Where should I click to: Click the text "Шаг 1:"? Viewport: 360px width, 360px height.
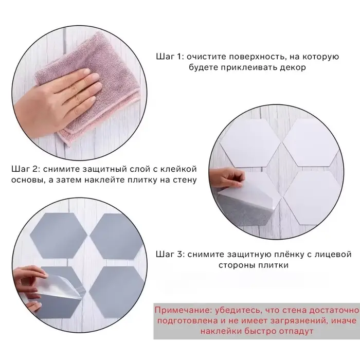pos(170,57)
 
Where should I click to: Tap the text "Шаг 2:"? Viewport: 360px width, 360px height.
pos(26,169)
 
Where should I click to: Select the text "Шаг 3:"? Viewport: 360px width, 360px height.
pos(170,255)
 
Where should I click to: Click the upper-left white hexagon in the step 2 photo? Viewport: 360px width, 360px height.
pos(250,143)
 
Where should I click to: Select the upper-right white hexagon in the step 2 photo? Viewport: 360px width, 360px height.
pos(311,142)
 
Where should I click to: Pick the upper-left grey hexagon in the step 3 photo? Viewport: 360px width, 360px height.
pos(59,236)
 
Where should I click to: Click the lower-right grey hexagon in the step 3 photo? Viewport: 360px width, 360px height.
pos(117,292)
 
